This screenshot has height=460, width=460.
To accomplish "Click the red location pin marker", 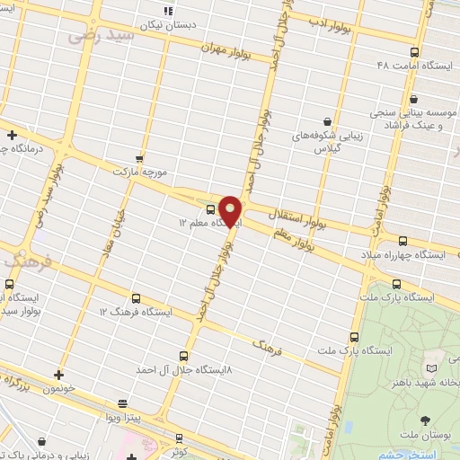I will [231, 210].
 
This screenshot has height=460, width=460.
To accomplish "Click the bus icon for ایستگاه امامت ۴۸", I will [413, 52].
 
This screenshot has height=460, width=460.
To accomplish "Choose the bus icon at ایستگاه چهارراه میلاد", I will [402, 241].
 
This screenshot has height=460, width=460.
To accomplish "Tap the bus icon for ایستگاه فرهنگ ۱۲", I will [137, 298].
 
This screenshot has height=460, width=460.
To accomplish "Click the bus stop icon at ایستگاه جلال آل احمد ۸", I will [183, 356].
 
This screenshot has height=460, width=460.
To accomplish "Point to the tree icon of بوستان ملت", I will [424, 420].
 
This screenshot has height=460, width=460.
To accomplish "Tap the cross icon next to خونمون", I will [58, 375].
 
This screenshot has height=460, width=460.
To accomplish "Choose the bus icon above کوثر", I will [179, 438].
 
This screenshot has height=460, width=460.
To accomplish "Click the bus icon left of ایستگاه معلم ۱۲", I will [210, 209].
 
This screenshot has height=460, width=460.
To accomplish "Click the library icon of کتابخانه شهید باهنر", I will [432, 367].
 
